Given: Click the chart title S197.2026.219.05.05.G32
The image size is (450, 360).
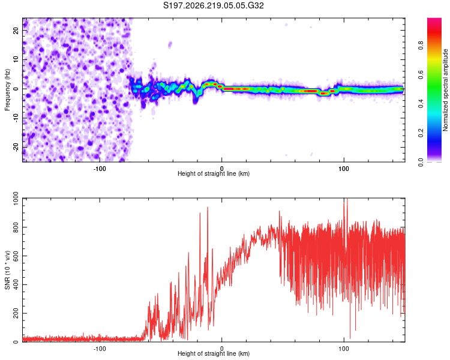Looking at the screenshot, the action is (213, 5).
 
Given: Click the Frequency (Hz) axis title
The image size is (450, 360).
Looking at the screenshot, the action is (7, 90).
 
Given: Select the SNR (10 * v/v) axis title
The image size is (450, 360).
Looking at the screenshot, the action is (7, 270).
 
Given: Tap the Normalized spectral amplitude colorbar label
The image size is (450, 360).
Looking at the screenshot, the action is (445, 90).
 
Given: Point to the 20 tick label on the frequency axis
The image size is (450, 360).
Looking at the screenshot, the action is (16, 30).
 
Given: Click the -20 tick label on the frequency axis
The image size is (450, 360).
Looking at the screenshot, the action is (16, 148).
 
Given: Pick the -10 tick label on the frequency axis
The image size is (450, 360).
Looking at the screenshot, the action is (16, 118).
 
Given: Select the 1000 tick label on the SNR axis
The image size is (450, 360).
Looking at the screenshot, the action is (16, 199).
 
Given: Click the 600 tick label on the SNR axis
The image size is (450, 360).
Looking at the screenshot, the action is (16, 256).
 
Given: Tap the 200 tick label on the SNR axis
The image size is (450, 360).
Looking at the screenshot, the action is (16, 313).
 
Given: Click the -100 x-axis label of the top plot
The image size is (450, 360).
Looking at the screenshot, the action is (100, 169).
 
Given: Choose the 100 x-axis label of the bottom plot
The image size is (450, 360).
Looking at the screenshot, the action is (344, 349).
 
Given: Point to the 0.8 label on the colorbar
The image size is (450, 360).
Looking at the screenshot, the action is (421, 46).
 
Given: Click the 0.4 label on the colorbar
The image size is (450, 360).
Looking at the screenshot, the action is (421, 104).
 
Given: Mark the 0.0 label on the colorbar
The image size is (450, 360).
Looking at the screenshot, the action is (421, 162).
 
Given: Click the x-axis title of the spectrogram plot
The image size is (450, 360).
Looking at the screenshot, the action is (214, 173).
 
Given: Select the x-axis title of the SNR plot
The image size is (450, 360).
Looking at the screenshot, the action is (214, 353).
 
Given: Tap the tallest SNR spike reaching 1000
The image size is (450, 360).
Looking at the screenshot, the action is (347, 199).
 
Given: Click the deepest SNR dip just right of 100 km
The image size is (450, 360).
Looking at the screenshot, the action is (350, 338).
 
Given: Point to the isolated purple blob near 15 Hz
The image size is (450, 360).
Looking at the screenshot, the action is (170, 45).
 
